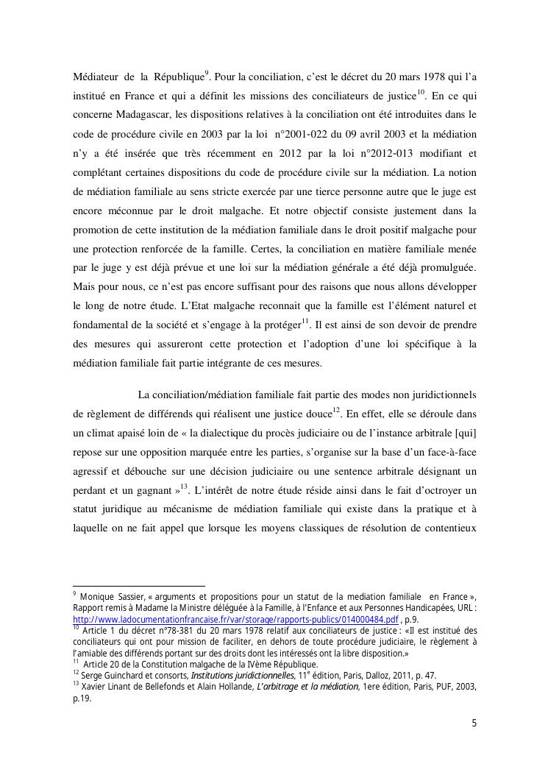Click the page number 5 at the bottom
pyautogui.click(x=474, y=723)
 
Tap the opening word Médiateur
pyautogui.click(x=100, y=77)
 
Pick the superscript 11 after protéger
pyautogui.click(x=305, y=321)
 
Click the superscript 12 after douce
pyautogui.click(x=336, y=410)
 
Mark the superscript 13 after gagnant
pyautogui.click(x=185, y=486)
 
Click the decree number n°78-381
pyautogui.click(x=160, y=631)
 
